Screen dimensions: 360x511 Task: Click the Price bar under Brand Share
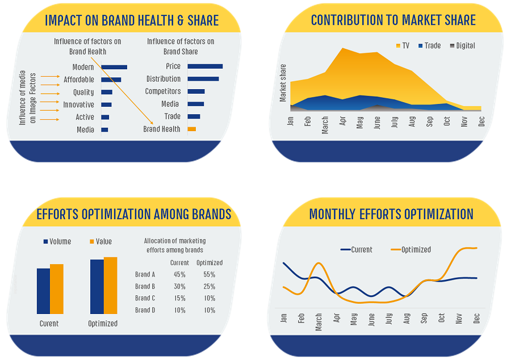pyautogui.click(x=204, y=66)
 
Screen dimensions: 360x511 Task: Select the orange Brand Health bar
pyautogui.click(x=191, y=129)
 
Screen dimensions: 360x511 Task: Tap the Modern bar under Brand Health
pyautogui.click(x=114, y=67)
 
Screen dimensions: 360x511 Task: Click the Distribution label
pyautogui.click(x=163, y=79)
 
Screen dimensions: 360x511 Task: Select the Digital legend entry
pyautogui.click(x=461, y=45)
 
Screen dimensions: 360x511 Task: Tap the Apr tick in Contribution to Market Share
pyautogui.click(x=342, y=124)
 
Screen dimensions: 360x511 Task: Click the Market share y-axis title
pyautogui.click(x=283, y=83)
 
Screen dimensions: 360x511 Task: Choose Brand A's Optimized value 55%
pyautogui.click(x=209, y=275)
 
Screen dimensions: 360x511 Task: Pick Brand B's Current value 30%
pyautogui.click(x=179, y=287)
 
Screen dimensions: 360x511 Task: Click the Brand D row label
pyautogui.click(x=145, y=311)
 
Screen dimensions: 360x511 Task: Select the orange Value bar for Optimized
pyautogui.click(x=110, y=286)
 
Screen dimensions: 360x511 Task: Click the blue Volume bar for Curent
pyautogui.click(x=43, y=291)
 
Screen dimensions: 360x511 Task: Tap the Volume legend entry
pyautogui.click(x=57, y=241)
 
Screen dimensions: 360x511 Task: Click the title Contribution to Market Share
pyautogui.click(x=393, y=21)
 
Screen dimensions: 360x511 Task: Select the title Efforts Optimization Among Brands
pyautogui.click(x=133, y=214)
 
